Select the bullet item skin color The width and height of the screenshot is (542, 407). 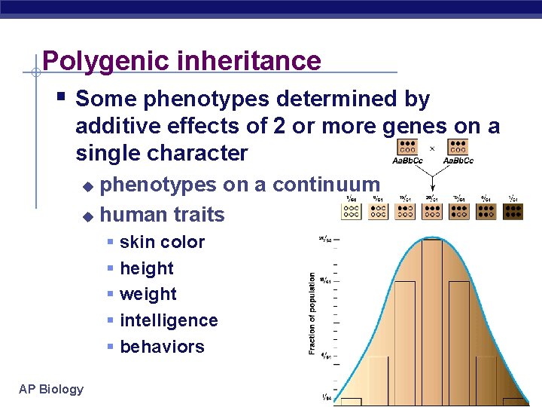point(162,242)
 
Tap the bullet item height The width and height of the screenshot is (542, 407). point(146,268)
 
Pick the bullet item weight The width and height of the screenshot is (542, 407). point(148,294)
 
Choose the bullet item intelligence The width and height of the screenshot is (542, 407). point(169,320)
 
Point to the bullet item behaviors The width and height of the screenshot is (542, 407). point(162,347)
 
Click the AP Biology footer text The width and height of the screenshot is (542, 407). point(51,389)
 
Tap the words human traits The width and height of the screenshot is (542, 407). point(162,215)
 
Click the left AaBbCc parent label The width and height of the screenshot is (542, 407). point(407,161)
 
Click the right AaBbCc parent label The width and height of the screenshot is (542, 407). point(458,161)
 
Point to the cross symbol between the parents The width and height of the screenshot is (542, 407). point(432,148)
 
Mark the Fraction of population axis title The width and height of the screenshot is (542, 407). point(312,314)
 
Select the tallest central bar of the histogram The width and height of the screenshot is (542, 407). point(432,317)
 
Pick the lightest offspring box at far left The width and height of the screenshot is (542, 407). point(351,211)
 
